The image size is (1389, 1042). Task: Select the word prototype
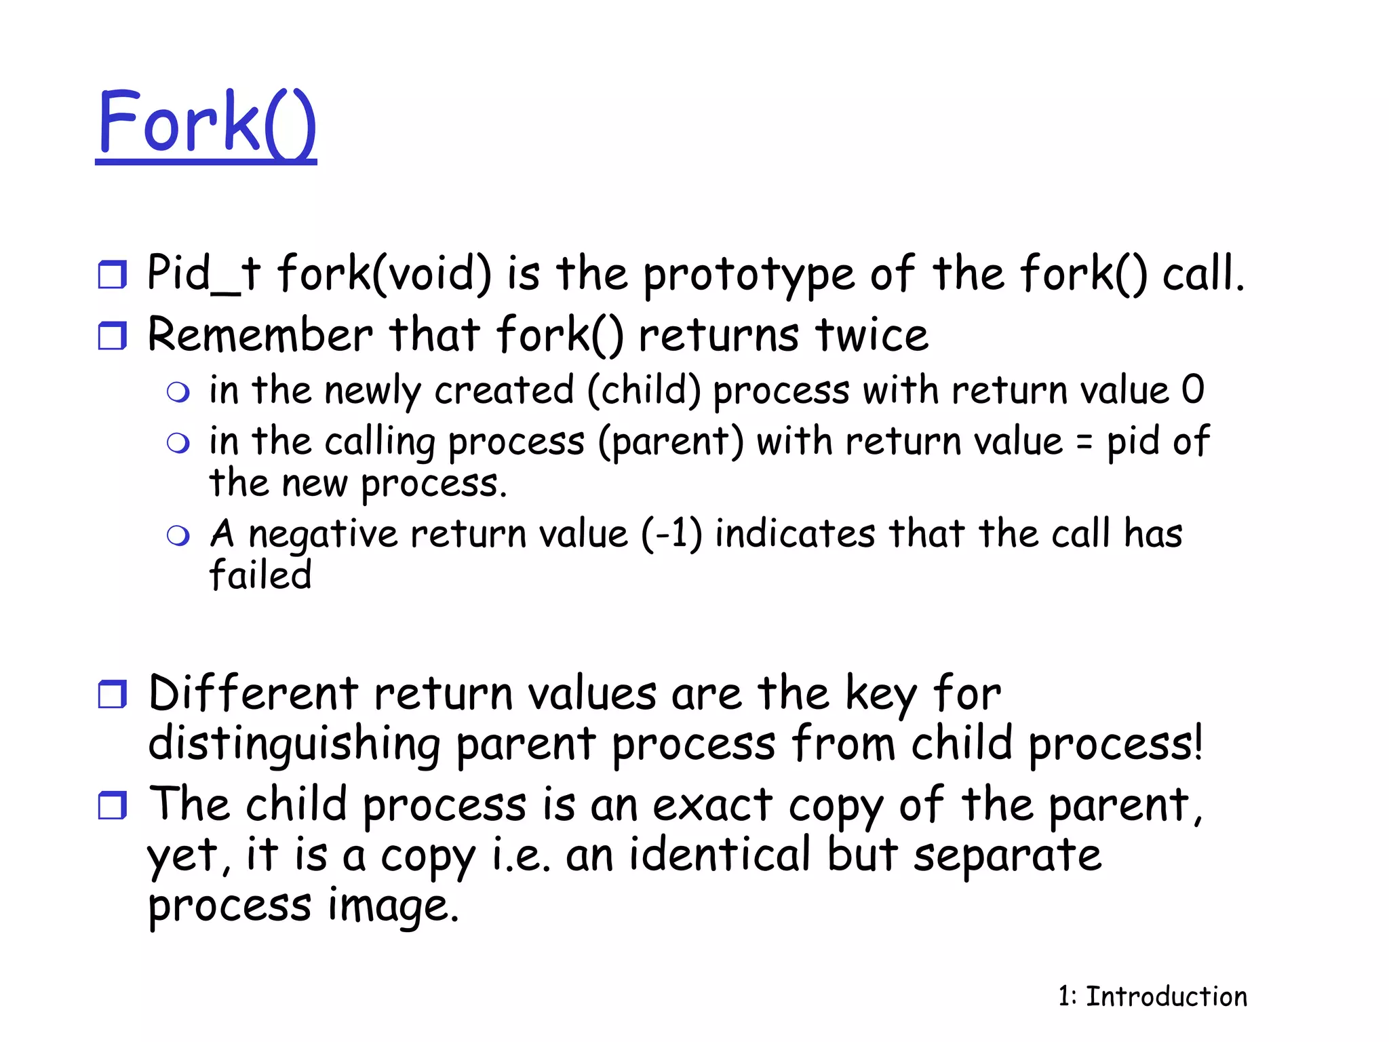pyautogui.click(x=748, y=275)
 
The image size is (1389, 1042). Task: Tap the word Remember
pyautogui.click(x=260, y=335)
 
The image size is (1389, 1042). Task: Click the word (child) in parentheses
pyautogui.click(x=644, y=391)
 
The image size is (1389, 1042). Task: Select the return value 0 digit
pyautogui.click(x=1192, y=390)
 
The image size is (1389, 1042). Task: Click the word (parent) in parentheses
pyautogui.click(x=670, y=442)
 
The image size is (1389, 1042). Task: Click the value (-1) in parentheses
pyautogui.click(x=671, y=534)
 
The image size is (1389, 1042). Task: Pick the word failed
pyautogui.click(x=260, y=575)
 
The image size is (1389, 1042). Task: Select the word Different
pyautogui.click(x=253, y=694)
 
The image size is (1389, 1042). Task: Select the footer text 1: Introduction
pyautogui.click(x=1152, y=997)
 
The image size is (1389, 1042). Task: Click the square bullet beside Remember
pyautogui.click(x=112, y=336)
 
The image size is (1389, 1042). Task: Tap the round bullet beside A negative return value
pyautogui.click(x=178, y=536)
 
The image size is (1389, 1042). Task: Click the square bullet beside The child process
pyautogui.click(x=112, y=805)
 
